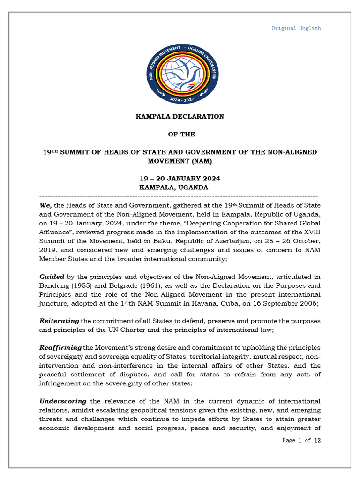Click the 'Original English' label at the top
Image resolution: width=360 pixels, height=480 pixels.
click(296, 28)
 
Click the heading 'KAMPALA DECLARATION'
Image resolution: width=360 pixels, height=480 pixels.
click(180, 116)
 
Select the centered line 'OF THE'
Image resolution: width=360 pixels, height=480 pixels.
click(181, 135)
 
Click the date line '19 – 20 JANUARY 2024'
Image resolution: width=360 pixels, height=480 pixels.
click(180, 179)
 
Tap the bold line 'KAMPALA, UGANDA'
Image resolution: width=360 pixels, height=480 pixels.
click(174, 187)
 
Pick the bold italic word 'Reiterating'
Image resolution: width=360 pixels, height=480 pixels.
click(60, 321)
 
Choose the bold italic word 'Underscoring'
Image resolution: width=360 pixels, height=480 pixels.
click(63, 401)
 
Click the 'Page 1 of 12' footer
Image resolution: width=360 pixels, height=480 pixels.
click(301, 440)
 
